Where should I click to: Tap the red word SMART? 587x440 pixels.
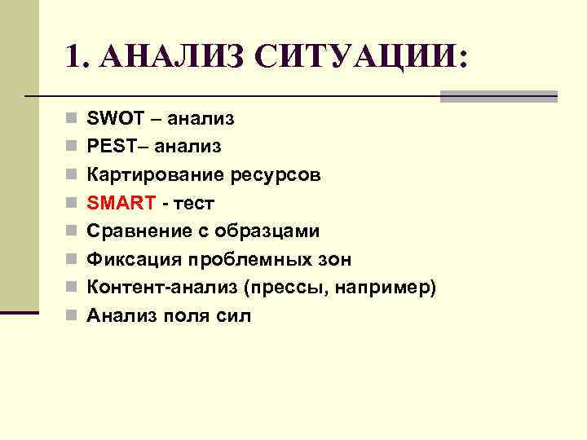tap(116, 203)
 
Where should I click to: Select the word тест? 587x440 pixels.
tap(193, 203)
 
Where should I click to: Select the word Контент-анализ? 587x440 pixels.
tap(154, 288)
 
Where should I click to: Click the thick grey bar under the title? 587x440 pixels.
tap(498, 95)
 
